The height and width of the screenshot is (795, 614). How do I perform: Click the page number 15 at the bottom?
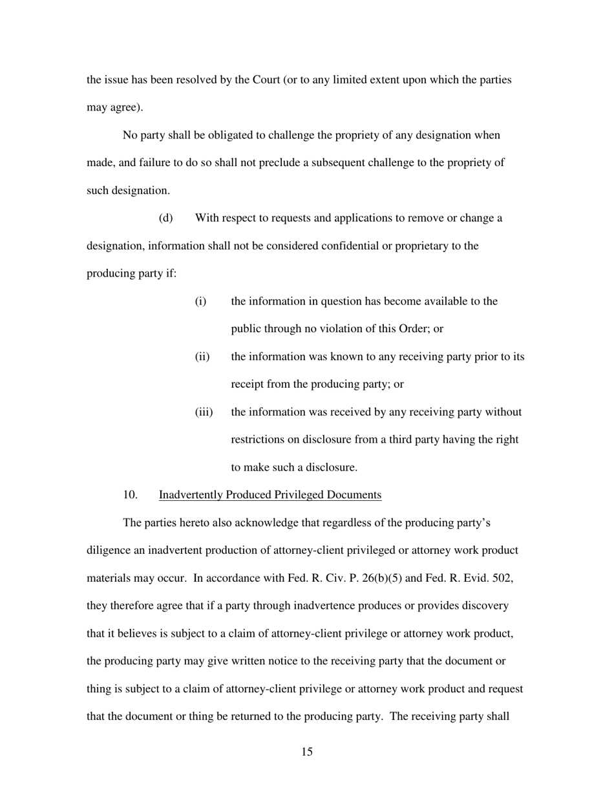point(307,752)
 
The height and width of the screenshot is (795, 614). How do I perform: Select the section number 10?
point(130,495)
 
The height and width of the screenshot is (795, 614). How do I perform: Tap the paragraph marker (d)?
point(166,218)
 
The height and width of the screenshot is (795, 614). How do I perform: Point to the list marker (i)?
point(200,302)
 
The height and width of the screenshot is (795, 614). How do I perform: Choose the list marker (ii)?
point(202,357)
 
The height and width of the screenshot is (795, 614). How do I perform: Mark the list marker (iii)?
point(204,412)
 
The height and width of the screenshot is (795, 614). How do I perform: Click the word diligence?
point(108,551)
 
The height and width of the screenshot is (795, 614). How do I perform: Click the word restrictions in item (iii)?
point(257,440)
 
